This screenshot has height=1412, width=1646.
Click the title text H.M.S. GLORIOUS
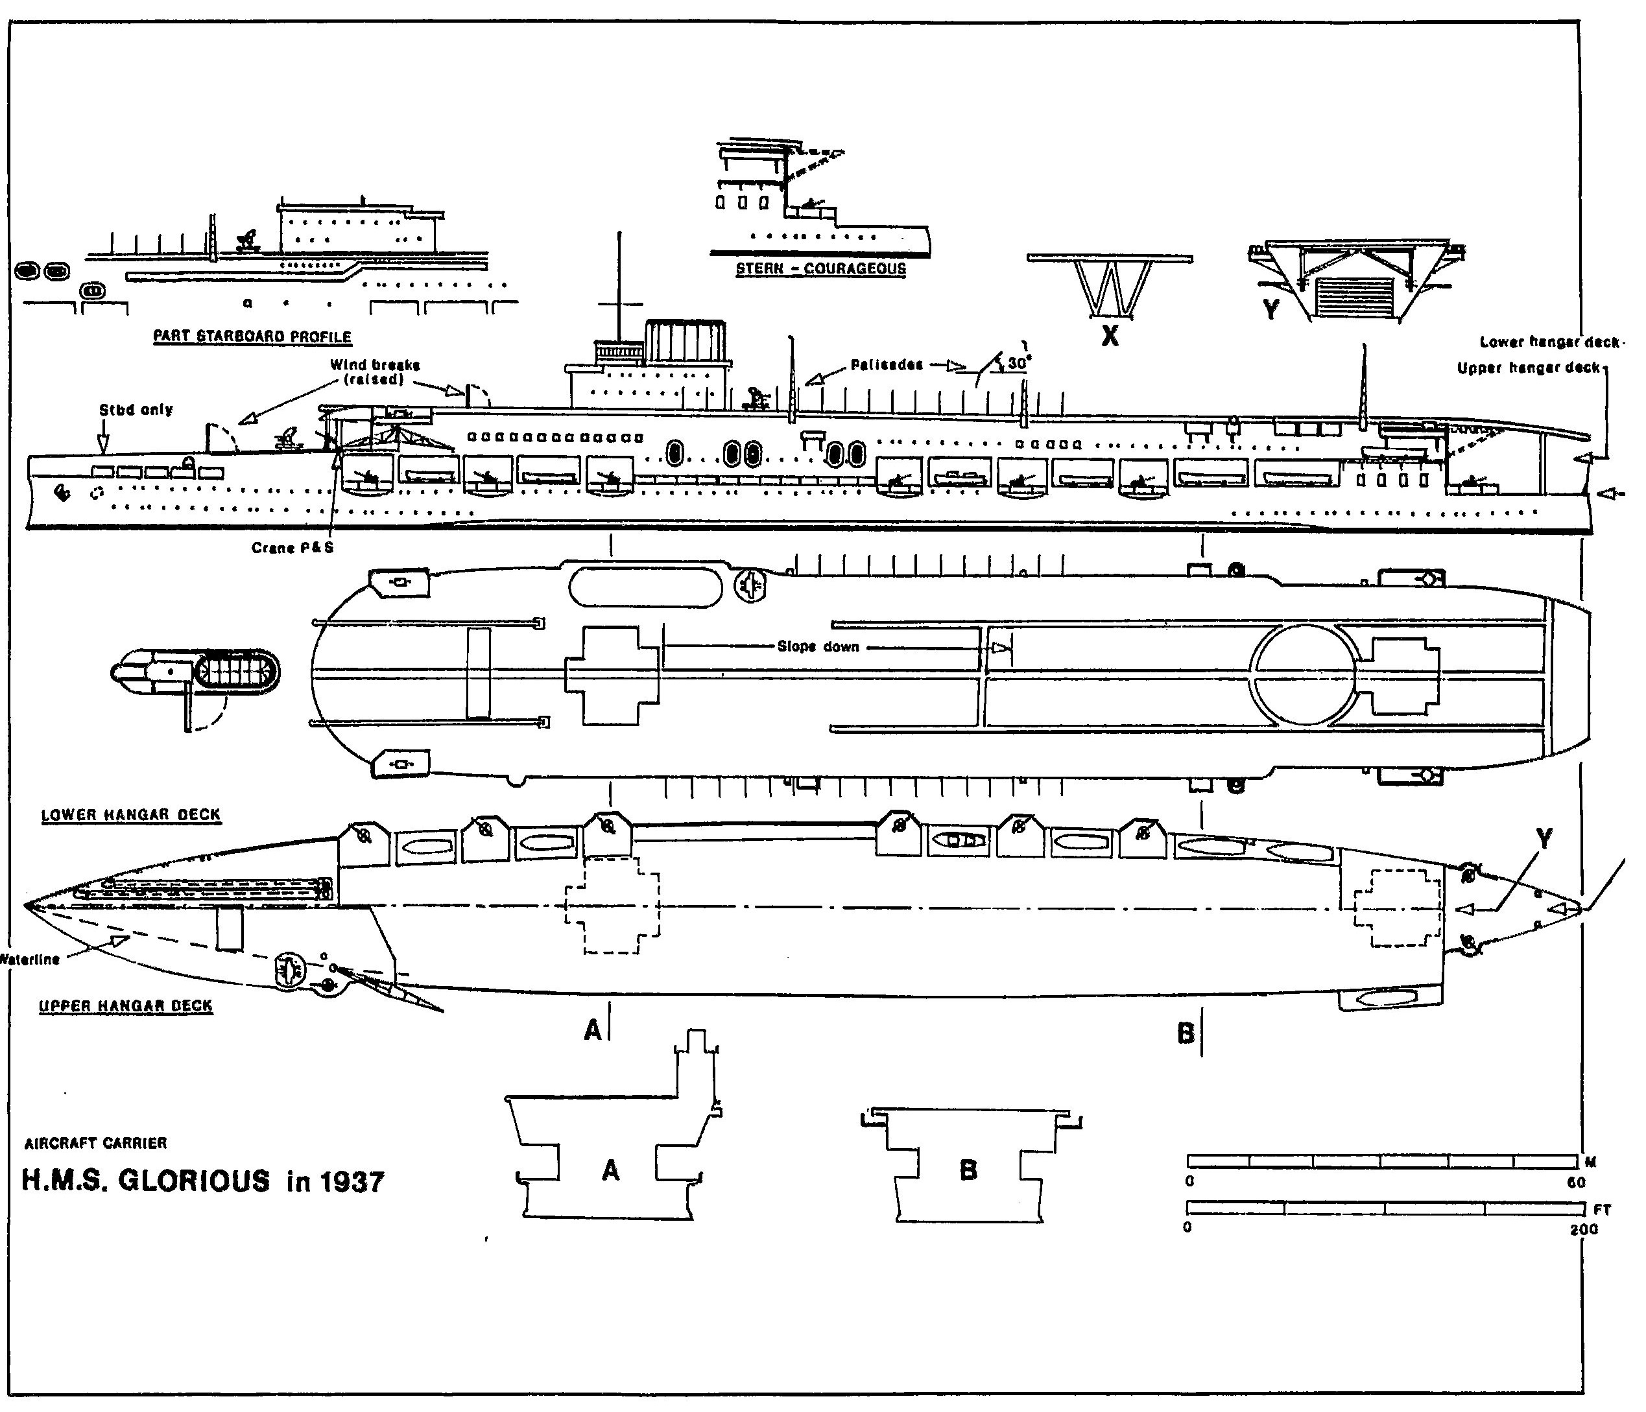[145, 1181]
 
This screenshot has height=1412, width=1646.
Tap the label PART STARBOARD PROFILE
[252, 336]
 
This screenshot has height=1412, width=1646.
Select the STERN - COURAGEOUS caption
[820, 268]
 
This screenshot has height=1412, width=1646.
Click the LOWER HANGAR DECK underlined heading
[131, 815]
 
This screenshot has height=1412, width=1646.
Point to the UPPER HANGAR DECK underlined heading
[126, 1006]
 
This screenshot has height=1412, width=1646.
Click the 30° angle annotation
[1018, 363]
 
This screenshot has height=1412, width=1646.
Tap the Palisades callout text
[887, 365]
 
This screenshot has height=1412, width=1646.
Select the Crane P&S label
[292, 548]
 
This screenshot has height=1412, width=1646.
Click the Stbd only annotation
[136, 410]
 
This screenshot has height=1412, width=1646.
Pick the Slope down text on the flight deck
[818, 646]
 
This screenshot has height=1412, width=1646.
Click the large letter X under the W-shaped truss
[1110, 336]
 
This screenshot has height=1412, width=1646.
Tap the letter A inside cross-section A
[610, 1170]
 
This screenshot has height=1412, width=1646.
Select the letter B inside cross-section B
[968, 1170]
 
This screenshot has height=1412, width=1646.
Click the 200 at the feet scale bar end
[1583, 1229]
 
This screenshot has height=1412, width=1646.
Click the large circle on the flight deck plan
[1304, 674]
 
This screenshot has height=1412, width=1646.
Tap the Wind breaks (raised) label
[375, 371]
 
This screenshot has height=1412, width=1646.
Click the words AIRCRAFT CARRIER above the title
[96, 1143]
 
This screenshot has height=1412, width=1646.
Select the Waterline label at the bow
[30, 959]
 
